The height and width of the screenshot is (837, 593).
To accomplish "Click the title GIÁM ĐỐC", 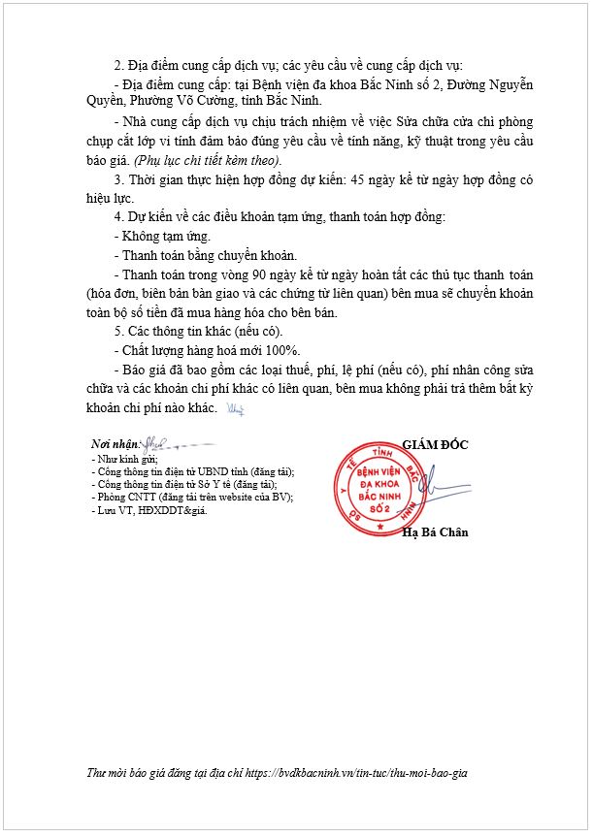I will pos(435,444).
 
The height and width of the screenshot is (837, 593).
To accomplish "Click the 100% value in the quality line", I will pos(280,350).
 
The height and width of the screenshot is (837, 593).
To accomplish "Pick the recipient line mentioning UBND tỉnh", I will pos(191,471).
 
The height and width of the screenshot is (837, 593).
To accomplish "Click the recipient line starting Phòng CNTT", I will pos(191,497).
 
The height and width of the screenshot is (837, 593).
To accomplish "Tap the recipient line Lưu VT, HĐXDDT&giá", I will pos(148,509).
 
